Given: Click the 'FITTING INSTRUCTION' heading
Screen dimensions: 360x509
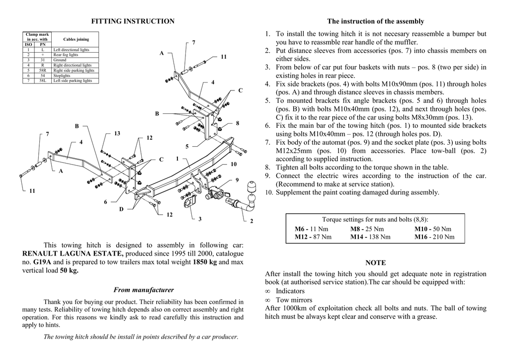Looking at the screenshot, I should pyautogui.click(x=133, y=21).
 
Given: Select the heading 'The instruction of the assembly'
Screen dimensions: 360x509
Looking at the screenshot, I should pyautogui.click(x=375, y=21).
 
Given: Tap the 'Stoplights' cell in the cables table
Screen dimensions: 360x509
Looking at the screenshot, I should pyautogui.click(x=62, y=76).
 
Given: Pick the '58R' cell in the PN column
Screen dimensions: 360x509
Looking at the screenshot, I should pyautogui.click(x=43, y=71).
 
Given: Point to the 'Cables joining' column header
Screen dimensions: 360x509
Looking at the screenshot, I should pyautogui.click(x=76, y=39).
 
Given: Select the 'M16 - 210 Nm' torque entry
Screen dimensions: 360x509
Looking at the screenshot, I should pyautogui.click(x=434, y=237).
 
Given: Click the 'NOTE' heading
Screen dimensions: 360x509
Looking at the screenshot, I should pyautogui.click(x=375, y=263).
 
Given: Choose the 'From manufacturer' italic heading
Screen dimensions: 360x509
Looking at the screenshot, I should pyautogui.click(x=144, y=290).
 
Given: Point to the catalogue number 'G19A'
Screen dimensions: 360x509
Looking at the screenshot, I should pyautogui.click(x=42, y=262).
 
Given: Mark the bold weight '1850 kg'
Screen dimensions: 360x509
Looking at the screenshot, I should pyautogui.click(x=205, y=262).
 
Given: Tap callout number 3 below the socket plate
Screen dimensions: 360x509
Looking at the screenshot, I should pyautogui.click(x=200, y=219).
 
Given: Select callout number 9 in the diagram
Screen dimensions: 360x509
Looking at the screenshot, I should pyautogui.click(x=237, y=180).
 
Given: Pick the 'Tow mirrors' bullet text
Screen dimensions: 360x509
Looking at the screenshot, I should pyautogui.click(x=294, y=300).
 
